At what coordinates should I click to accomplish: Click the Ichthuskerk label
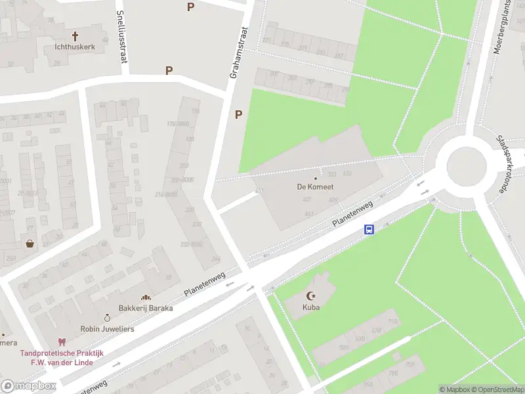pyautogui.click(x=75, y=47)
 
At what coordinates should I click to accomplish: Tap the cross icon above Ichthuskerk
pyautogui.click(x=75, y=36)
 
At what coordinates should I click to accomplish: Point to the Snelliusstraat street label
pyautogui.click(x=121, y=37)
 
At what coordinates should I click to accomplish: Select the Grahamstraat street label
pyautogui.click(x=238, y=53)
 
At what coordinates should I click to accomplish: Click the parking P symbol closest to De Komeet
pyautogui.click(x=239, y=114)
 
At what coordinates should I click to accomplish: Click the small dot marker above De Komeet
pyautogui.click(x=316, y=178)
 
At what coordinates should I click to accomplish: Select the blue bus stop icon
pyautogui.click(x=369, y=230)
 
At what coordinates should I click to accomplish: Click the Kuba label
pyautogui.click(x=311, y=307)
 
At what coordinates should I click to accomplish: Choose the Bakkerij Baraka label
pyautogui.click(x=146, y=308)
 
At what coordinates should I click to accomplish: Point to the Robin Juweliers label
pyautogui.click(x=107, y=328)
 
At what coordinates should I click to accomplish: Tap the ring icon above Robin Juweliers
pyautogui.click(x=108, y=318)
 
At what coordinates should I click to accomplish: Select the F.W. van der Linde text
pyautogui.click(x=60, y=362)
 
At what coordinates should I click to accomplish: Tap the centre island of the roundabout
pyautogui.click(x=466, y=164)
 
